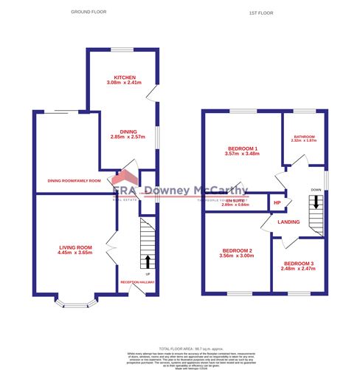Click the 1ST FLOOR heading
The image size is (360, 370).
tap(263, 13)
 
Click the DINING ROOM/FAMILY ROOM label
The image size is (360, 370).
tap(74, 180)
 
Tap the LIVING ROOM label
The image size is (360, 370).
tap(75, 247)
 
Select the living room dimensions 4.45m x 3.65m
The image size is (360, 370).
tap(75, 253)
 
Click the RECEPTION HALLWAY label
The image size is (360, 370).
tap(138, 282)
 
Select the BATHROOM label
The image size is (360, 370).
tap(305, 137)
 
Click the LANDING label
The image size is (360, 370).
tap(288, 221)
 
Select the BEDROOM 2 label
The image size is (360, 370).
tap(237, 250)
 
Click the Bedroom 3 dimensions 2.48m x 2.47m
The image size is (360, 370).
tap(299, 270)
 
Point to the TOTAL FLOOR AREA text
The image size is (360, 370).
tap(180, 347)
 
